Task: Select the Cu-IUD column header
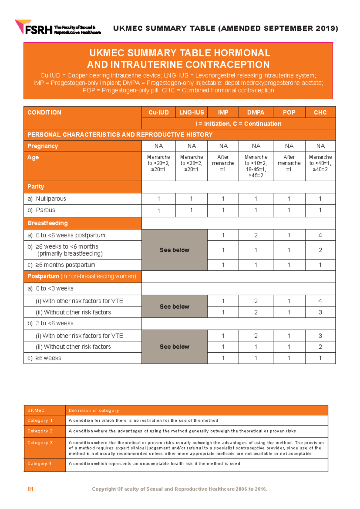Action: pyautogui.click(x=158, y=113)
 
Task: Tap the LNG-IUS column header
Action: pyautogui.click(x=191, y=113)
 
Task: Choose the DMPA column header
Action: pyautogui.click(x=256, y=113)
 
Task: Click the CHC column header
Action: pyautogui.click(x=320, y=113)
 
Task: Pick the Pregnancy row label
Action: pyautogui.click(x=43, y=146)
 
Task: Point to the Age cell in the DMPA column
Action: pyautogui.click(x=256, y=166)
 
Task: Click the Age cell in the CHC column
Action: pyautogui.click(x=320, y=163)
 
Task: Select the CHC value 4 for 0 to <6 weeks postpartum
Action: pyautogui.click(x=320, y=235)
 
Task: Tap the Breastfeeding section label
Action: pyautogui.click(x=47, y=223)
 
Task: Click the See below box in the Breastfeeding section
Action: pyautogui.click(x=174, y=250)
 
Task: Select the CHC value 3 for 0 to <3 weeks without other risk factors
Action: pyautogui.click(x=320, y=312)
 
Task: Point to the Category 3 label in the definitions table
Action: pyautogui.click(x=40, y=443)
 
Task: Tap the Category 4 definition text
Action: pyautogui.click(x=154, y=464)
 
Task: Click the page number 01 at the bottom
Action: pyautogui.click(x=31, y=489)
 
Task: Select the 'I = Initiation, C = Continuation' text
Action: pyautogui.click(x=238, y=124)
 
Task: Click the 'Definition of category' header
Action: pyautogui.click(x=94, y=411)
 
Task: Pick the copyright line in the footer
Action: pyautogui.click(x=179, y=489)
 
